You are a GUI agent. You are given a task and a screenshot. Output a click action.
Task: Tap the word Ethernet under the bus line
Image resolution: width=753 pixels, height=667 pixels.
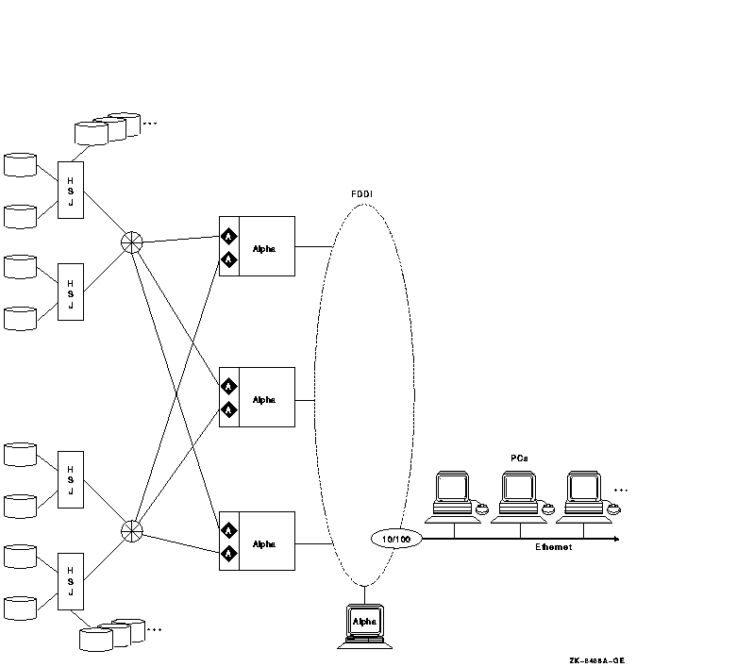point(553,547)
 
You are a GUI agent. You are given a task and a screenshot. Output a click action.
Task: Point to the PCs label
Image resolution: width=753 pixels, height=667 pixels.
point(519,458)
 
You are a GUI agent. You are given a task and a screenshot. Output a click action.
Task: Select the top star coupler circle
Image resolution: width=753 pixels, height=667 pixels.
point(133,242)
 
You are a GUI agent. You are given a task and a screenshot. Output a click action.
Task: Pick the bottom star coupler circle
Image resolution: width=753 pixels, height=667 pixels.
point(133,531)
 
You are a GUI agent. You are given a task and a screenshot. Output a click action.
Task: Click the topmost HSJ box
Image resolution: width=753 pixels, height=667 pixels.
point(70,191)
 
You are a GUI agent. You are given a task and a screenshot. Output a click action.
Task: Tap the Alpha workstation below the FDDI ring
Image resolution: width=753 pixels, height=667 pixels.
point(364,624)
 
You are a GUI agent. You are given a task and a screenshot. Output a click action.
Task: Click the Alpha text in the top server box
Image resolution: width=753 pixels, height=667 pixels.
point(264,248)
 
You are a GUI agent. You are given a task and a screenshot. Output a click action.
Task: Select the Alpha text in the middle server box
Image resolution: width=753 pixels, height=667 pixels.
point(264,399)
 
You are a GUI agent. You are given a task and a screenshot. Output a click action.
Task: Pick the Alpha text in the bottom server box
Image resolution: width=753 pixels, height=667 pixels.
point(264,544)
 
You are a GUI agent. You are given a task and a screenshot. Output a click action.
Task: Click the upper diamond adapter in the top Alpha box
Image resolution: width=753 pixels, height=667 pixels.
point(228,237)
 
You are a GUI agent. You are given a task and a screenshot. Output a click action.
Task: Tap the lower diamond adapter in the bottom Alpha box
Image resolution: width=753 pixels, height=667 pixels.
point(228,555)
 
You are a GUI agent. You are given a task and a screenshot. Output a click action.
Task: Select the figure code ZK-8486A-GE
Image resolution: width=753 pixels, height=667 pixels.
point(596,659)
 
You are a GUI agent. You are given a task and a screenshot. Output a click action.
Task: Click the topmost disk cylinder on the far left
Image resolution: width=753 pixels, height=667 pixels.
point(20,165)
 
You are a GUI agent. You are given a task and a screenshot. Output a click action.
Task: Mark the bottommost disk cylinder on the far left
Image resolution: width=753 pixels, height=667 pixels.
point(20,606)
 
